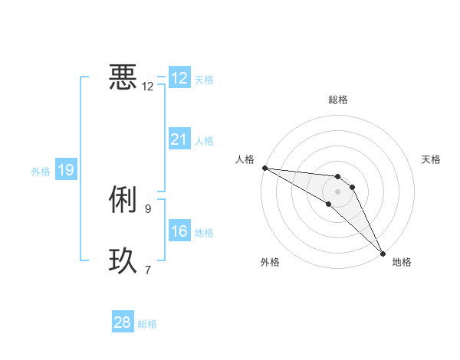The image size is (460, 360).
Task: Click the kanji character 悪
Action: point(123,77)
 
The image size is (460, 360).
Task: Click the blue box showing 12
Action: point(179,78)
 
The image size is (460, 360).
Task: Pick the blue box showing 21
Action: point(179,139)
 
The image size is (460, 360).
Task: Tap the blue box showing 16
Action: point(179,231)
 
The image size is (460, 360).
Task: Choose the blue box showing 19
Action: point(66,170)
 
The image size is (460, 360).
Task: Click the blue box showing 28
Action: point(123,322)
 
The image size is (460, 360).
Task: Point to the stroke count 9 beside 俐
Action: point(148,208)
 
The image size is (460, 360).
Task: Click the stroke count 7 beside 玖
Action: point(148,269)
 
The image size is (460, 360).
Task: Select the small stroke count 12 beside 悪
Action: point(148,86)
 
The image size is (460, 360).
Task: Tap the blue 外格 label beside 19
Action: point(41,172)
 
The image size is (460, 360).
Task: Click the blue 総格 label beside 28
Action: point(147,324)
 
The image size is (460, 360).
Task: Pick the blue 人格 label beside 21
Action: point(204,141)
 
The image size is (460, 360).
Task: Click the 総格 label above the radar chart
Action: point(338,100)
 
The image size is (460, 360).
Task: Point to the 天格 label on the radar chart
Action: point(432,159)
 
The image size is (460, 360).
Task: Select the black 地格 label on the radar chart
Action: point(402,263)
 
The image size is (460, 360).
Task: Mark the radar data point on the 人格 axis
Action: point(264,167)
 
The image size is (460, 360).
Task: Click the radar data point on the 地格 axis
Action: point(383,253)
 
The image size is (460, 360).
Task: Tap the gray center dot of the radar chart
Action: point(338,191)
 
